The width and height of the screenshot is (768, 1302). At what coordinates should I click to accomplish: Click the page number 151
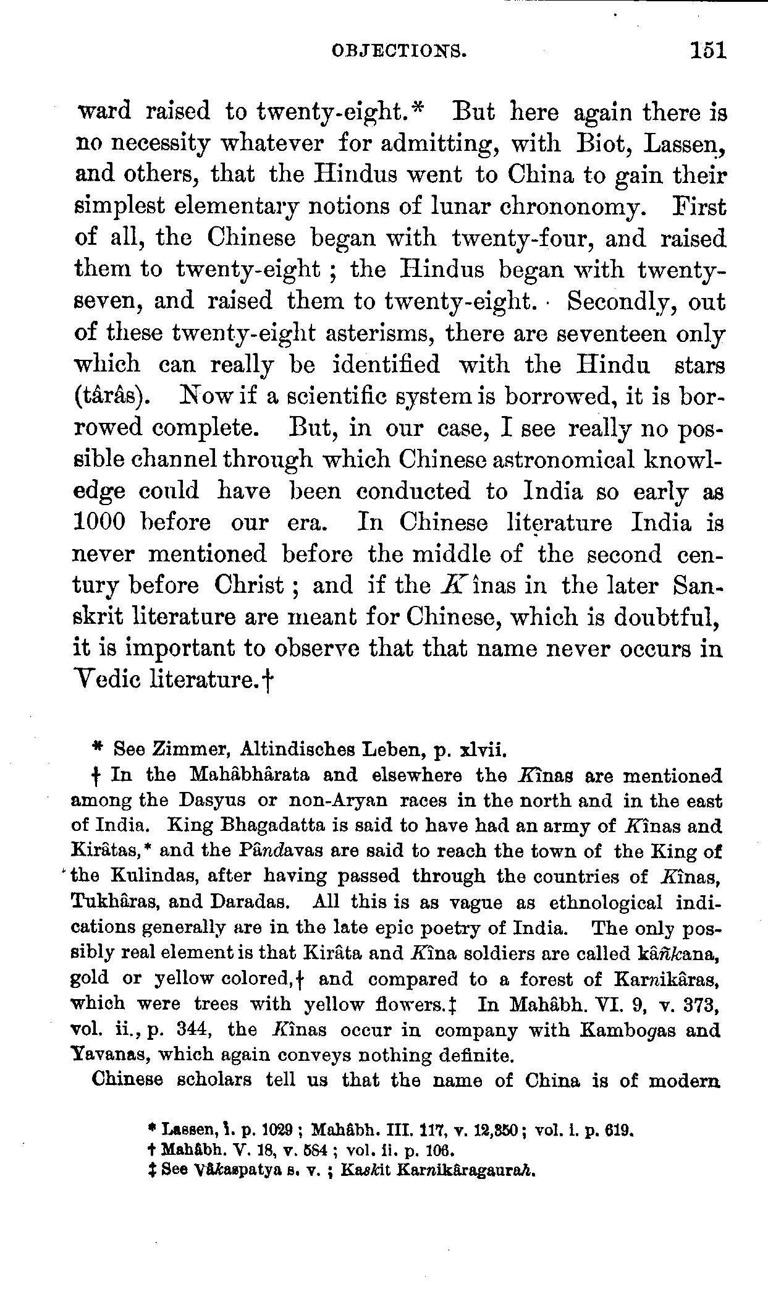click(708, 50)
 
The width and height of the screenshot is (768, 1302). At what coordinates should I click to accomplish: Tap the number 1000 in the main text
click(99, 523)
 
